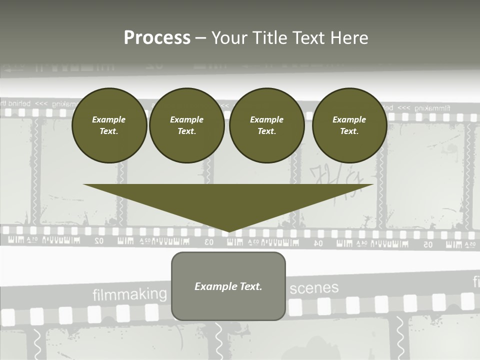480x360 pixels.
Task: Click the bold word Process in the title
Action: point(157,38)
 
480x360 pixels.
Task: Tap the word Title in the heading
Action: point(270,38)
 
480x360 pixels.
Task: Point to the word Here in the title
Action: point(349,38)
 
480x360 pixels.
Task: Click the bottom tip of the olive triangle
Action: point(228,231)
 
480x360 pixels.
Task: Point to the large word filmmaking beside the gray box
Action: point(129,294)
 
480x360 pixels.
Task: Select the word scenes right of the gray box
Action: point(314,288)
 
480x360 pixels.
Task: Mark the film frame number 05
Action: point(427,244)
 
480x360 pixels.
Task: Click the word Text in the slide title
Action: point(308,38)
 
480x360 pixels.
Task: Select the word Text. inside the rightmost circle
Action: point(349,131)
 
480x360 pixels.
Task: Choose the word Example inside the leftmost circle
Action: point(109,119)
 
